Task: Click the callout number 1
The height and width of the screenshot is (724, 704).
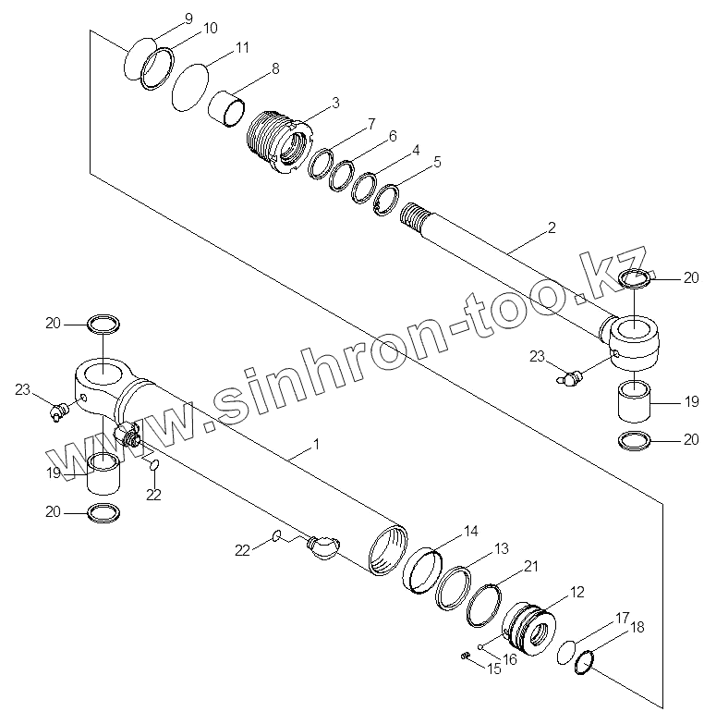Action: (x=316, y=444)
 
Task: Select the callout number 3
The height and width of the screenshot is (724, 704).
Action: (x=310, y=101)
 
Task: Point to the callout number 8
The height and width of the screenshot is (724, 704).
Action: (x=274, y=68)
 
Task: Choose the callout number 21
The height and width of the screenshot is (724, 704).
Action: (x=529, y=566)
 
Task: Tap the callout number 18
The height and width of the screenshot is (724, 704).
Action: (x=637, y=626)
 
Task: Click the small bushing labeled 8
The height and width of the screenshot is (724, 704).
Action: (x=228, y=107)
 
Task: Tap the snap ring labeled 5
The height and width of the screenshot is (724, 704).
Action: (x=386, y=199)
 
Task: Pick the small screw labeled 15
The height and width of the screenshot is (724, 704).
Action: (x=466, y=657)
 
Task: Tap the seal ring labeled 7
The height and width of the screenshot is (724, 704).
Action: (x=321, y=164)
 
